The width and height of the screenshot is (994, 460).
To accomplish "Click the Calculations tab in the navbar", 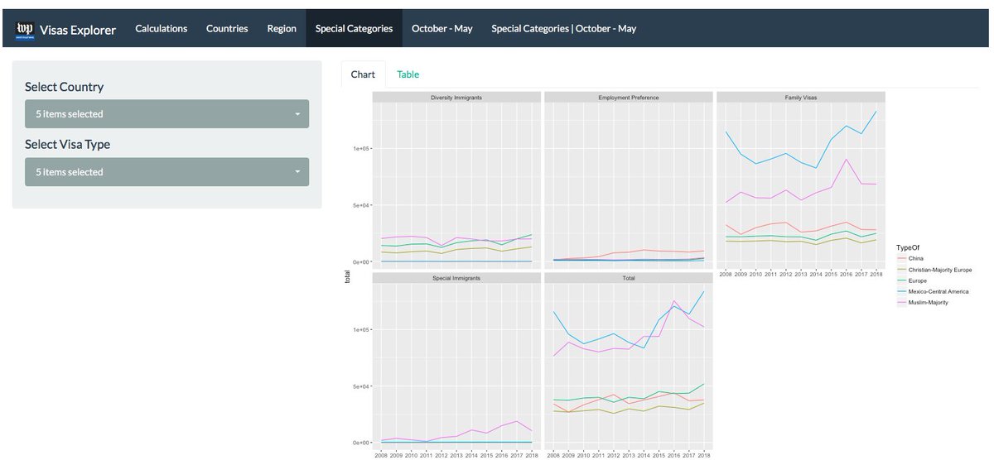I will pyautogui.click(x=161, y=28).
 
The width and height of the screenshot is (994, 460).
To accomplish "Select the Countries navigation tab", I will pyautogui.click(x=227, y=28).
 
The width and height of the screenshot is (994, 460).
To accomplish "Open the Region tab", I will pyautogui.click(x=282, y=28).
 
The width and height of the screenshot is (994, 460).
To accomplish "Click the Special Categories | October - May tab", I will pyautogui.click(x=563, y=28).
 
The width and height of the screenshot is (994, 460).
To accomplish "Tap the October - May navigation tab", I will pyautogui.click(x=442, y=28).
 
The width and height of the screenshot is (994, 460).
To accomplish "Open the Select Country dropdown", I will pyautogui.click(x=166, y=114).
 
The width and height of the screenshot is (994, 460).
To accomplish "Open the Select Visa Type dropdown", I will pyautogui.click(x=166, y=172).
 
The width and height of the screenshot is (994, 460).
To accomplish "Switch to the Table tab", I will pyautogui.click(x=408, y=74).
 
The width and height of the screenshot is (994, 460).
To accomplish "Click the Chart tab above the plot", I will pyautogui.click(x=363, y=74).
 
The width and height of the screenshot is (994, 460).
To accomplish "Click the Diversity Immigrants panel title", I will pyautogui.click(x=456, y=98).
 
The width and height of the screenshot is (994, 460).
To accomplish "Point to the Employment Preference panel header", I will pyautogui.click(x=629, y=98).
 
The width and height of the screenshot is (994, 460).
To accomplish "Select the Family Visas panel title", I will pyautogui.click(x=800, y=98).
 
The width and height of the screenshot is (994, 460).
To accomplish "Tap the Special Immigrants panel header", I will pyautogui.click(x=456, y=278).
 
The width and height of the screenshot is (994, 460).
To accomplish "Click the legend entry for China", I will pyautogui.click(x=915, y=259).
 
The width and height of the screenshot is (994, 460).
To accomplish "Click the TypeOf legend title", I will pyautogui.click(x=908, y=247).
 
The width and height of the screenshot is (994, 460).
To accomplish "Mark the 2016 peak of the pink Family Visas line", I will pyautogui.click(x=846, y=159).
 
